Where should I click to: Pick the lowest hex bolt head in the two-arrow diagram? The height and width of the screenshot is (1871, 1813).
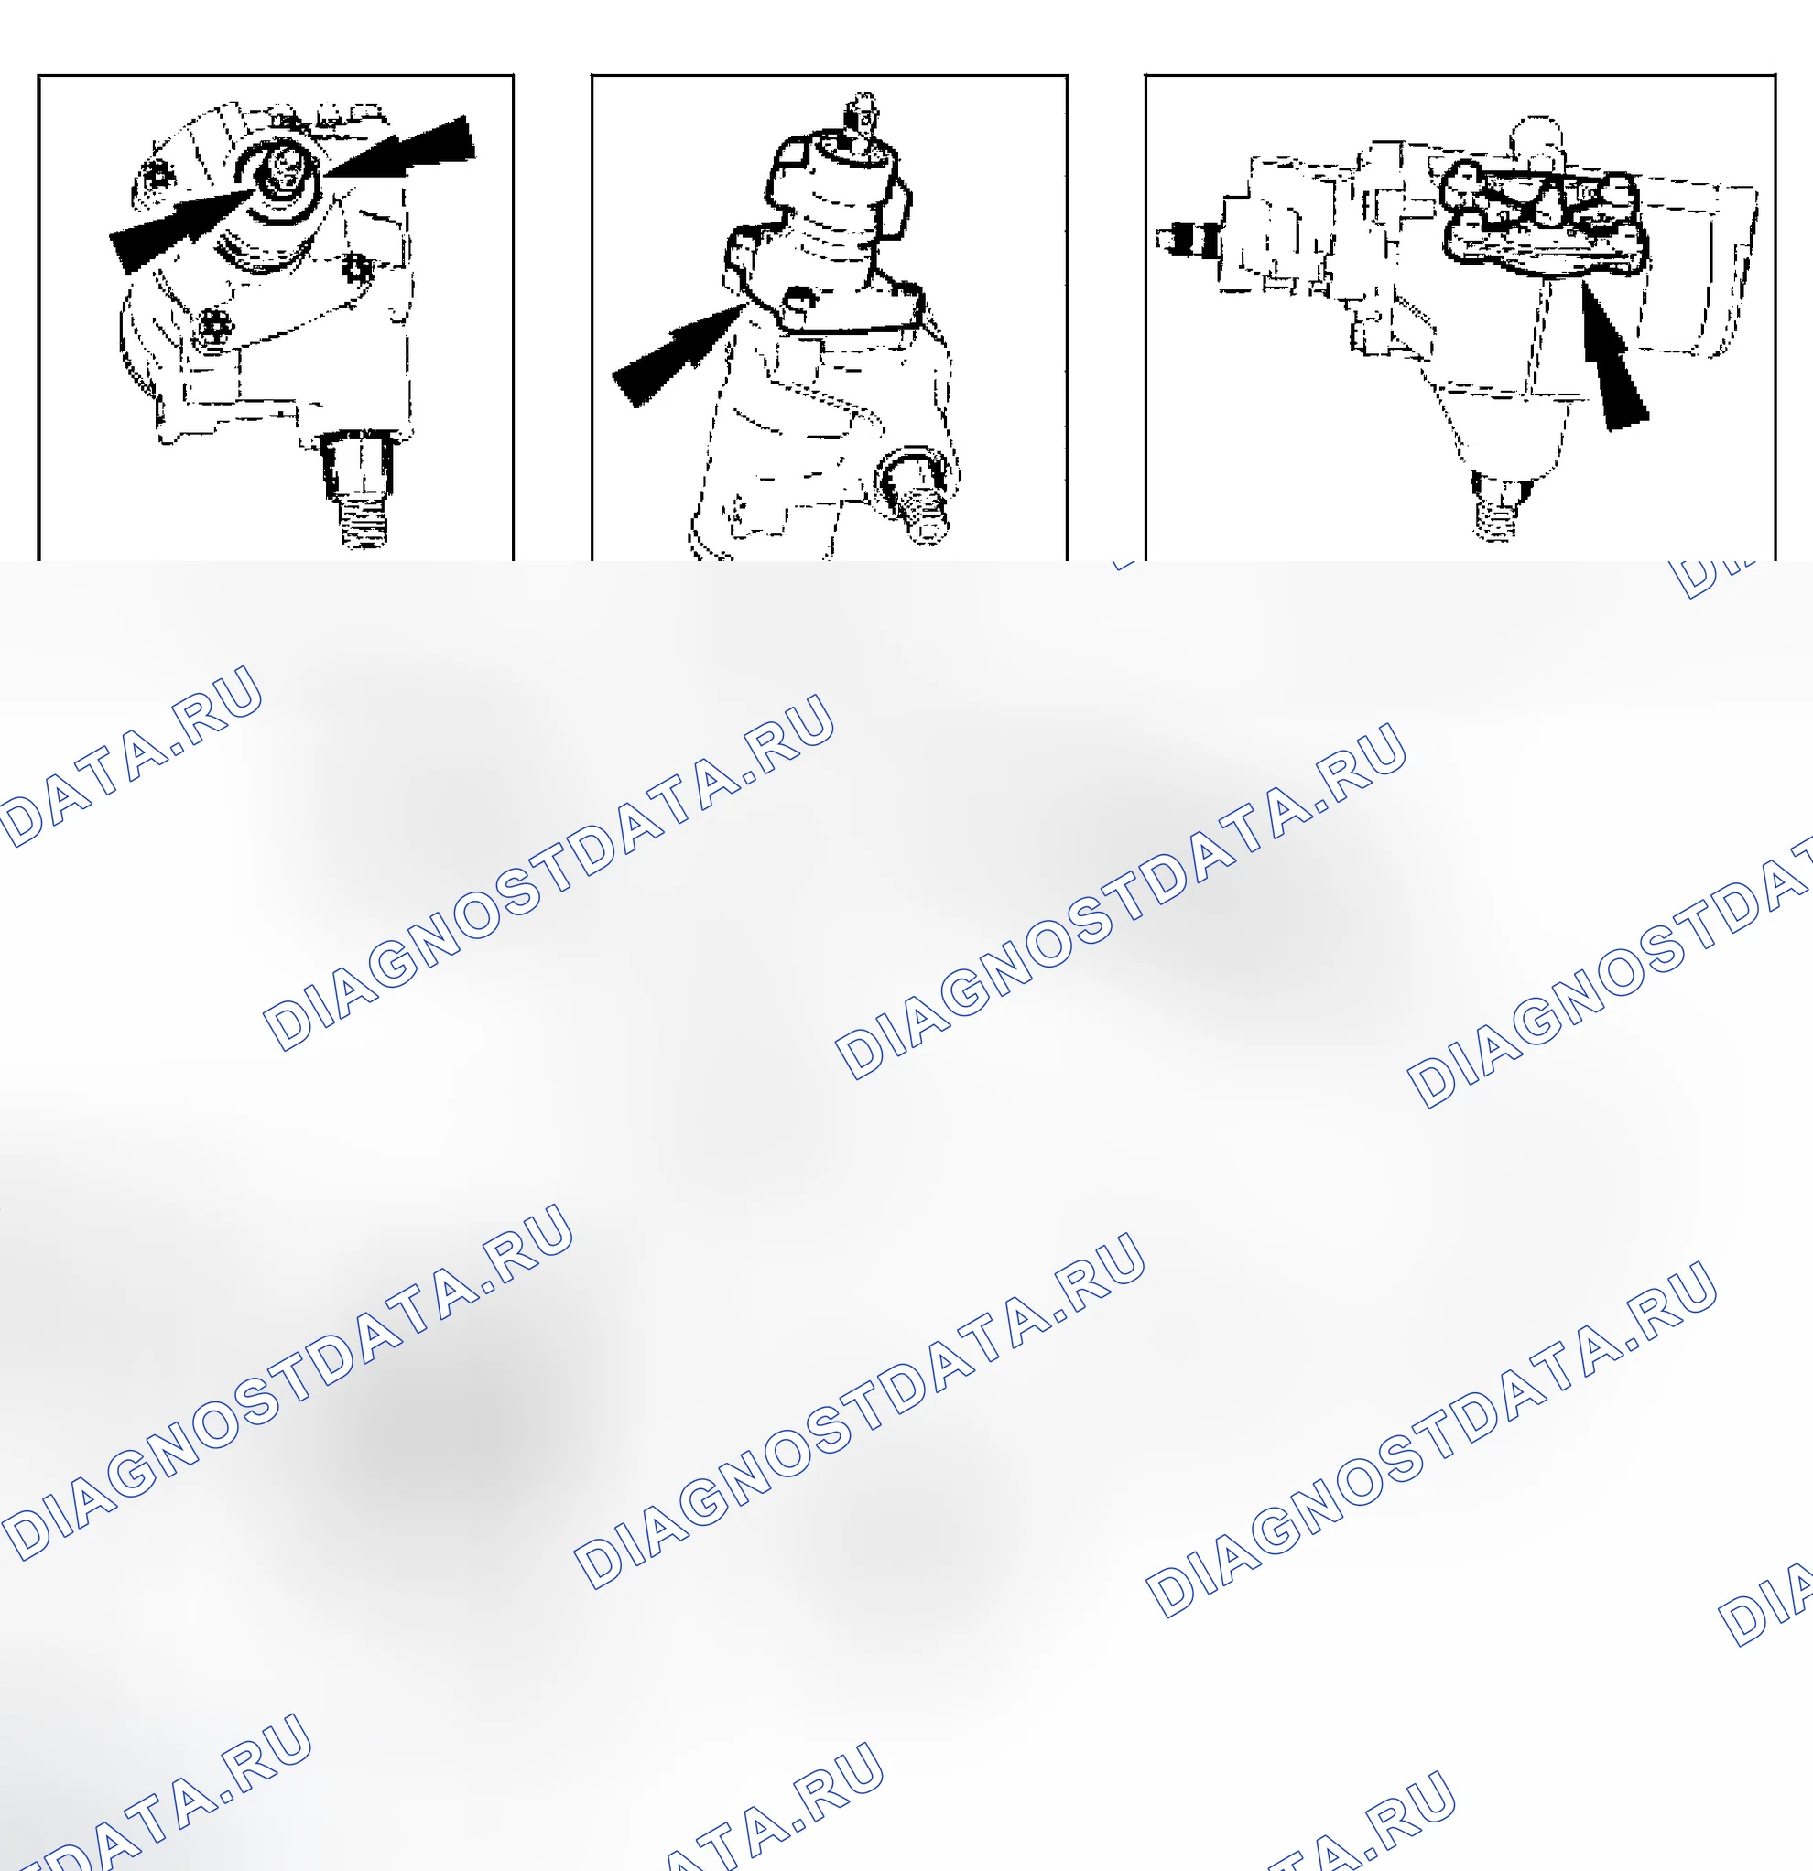pyautogui.click(x=214, y=328)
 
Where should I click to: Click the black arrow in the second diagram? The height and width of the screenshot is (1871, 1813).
pyautogui.click(x=675, y=354)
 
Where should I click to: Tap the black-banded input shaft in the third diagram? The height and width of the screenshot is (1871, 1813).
pyautogui.click(x=1189, y=240)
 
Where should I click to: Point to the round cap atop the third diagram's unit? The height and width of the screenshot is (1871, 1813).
pyautogui.click(x=1536, y=139)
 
